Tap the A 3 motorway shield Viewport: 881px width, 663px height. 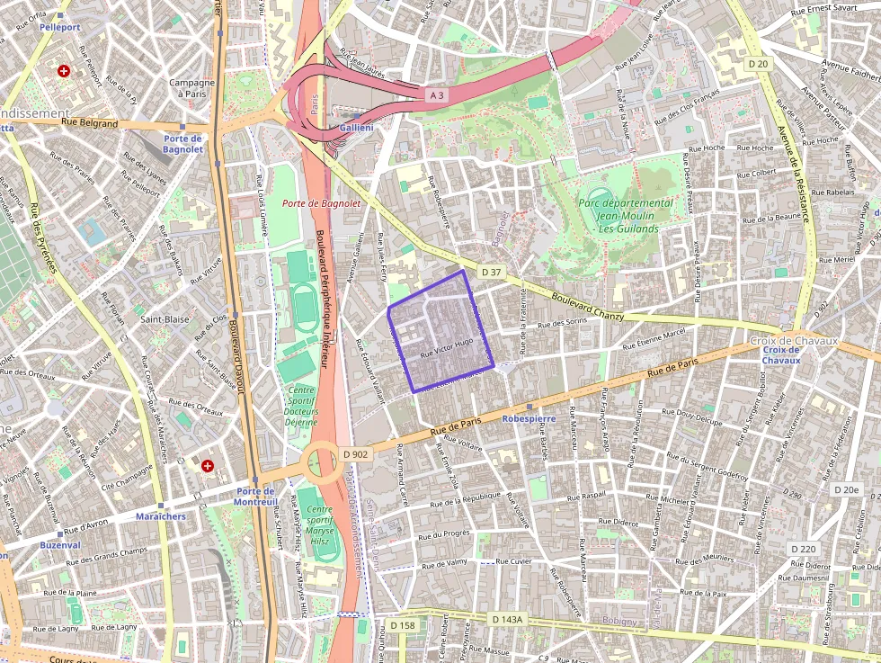point(436,94)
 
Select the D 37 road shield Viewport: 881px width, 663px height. point(490,271)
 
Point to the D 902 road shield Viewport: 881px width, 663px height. point(356,454)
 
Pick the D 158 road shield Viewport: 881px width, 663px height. point(403,625)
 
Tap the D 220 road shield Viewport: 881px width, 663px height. point(804,549)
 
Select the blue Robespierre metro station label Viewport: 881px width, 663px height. point(529,418)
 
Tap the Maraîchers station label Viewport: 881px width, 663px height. point(160,516)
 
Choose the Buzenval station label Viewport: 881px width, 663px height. point(59,545)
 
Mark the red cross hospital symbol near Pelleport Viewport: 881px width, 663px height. point(63,70)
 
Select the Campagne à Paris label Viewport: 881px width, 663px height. point(191,88)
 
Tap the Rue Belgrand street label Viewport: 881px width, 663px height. point(90,123)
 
